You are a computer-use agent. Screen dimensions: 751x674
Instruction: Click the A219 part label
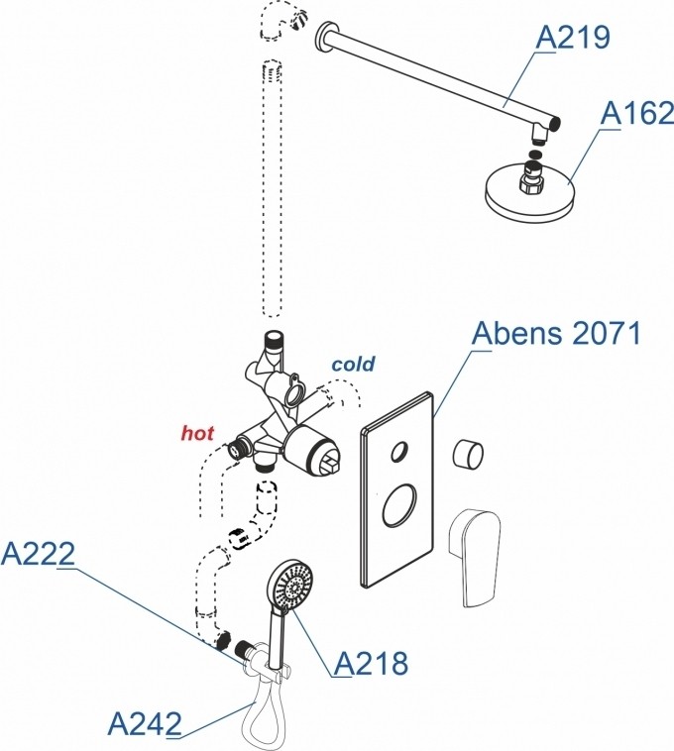tap(572, 38)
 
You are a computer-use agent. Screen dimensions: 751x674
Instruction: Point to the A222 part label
tap(38, 555)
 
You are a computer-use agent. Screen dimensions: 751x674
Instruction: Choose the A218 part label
tap(370, 664)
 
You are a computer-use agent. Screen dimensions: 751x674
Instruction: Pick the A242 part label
tap(144, 721)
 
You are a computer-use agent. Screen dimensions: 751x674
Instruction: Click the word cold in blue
tap(353, 365)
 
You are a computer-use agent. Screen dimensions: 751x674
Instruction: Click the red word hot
tap(197, 433)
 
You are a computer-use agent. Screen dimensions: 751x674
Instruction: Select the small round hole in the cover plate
tap(398, 453)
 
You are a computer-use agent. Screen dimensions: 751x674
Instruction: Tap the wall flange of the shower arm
tap(323, 41)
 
